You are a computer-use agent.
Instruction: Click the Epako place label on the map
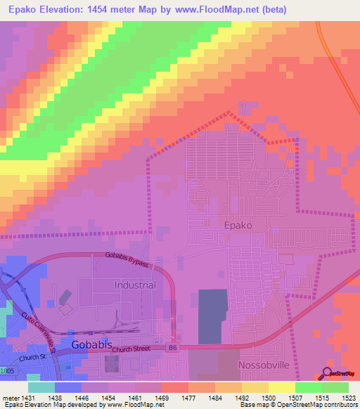pos(238,226)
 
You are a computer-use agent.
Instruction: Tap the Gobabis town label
pos(90,345)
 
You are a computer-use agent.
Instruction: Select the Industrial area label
pos(134,285)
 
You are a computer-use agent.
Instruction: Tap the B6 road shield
pos(172,347)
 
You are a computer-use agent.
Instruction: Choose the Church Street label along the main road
pos(131,349)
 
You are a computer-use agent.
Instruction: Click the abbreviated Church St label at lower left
pos(32,358)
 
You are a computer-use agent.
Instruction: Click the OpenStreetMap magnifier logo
pos(328,373)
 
